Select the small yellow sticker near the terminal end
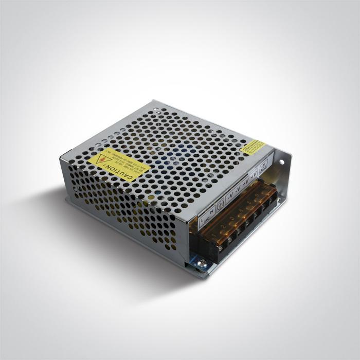coord(253,147)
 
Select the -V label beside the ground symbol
coord(230,195)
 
